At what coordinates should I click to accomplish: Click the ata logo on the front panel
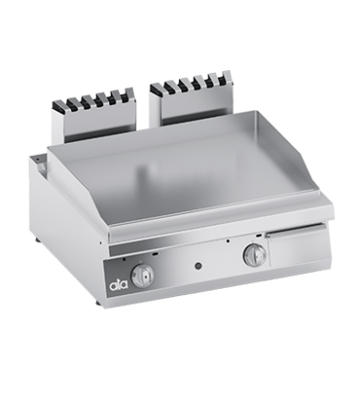click(x=119, y=285)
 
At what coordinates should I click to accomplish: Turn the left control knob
click(x=142, y=275)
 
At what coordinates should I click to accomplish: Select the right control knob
click(x=254, y=255)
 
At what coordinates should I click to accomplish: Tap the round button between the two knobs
click(x=198, y=265)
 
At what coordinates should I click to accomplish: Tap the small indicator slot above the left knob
click(x=156, y=255)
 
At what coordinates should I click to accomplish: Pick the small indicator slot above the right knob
click(x=258, y=236)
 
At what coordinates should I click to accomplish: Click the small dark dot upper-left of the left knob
click(x=124, y=260)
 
